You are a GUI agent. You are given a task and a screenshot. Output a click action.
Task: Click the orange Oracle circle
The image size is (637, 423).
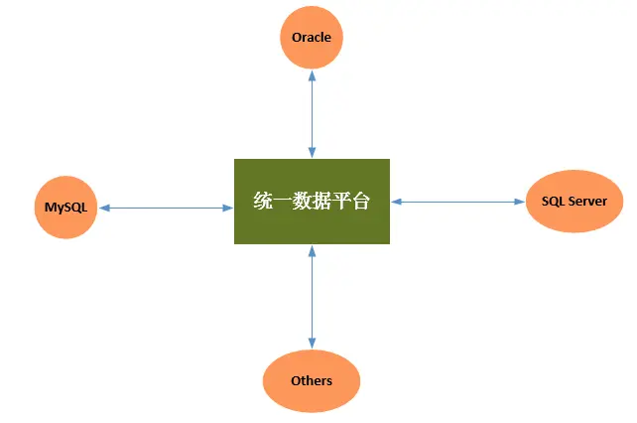pyautogui.click(x=312, y=38)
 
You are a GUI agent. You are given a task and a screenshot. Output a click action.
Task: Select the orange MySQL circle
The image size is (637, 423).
pyautogui.click(x=65, y=208)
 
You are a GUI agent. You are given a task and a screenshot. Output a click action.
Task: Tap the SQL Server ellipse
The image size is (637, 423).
pyautogui.click(x=574, y=202)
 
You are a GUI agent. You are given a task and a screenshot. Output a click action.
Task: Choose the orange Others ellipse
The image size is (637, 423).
pyautogui.click(x=312, y=380)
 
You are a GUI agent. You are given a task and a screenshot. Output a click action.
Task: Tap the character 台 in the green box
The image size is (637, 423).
pyautogui.click(x=361, y=202)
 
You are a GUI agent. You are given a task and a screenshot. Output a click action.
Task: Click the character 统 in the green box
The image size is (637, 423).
pyautogui.click(x=263, y=202)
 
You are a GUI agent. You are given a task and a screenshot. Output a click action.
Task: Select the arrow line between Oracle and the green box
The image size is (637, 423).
pyautogui.click(x=312, y=114)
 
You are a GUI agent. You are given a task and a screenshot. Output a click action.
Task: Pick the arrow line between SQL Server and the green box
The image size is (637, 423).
pyautogui.click(x=457, y=202)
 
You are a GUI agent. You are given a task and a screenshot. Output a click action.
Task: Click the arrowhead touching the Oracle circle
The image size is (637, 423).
pyautogui.click(x=312, y=74)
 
